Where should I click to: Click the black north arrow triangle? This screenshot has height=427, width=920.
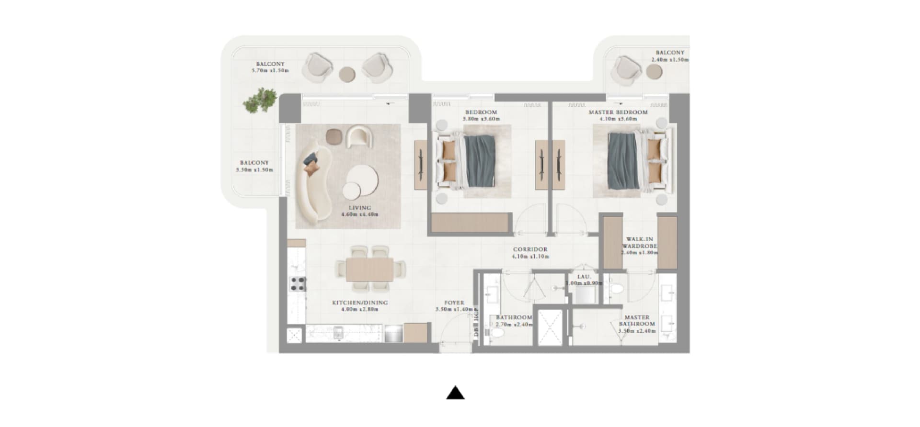[x=455, y=393]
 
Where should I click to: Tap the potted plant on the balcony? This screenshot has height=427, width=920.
[x=260, y=100]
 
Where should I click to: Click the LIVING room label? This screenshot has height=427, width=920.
[x=360, y=208]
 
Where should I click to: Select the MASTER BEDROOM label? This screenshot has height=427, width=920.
[x=618, y=112]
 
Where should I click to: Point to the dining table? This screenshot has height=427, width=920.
[x=369, y=270]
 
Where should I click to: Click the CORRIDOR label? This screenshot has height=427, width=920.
[x=530, y=249]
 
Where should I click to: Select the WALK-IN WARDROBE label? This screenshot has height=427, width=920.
[x=640, y=243]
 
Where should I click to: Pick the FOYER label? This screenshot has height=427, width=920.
[x=454, y=303]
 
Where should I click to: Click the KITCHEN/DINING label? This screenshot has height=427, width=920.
[x=360, y=303]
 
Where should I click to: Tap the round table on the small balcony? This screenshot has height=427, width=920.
[x=654, y=72]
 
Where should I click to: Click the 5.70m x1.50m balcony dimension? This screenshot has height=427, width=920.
[x=270, y=70]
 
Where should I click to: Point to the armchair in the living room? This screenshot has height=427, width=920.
[x=359, y=136]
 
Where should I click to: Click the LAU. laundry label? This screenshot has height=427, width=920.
[x=584, y=277]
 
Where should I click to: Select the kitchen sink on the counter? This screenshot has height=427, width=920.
[x=338, y=333]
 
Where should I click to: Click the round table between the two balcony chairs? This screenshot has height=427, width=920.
[x=347, y=74]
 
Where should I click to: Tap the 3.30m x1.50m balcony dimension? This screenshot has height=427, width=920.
[x=254, y=169]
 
